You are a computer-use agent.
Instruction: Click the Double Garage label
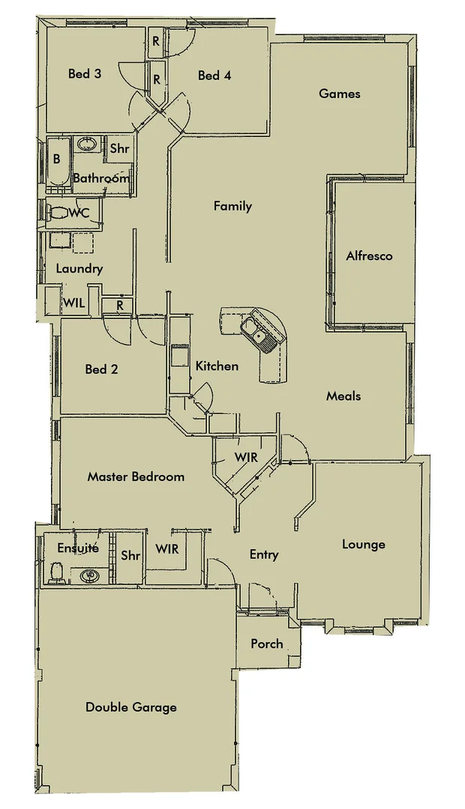click(x=131, y=706)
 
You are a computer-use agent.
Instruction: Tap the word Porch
click(x=267, y=643)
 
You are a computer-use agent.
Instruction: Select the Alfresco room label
click(x=369, y=255)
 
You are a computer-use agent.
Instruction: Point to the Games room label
click(x=340, y=94)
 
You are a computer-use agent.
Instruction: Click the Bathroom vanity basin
click(x=87, y=143)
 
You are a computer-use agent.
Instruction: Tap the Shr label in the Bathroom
click(x=120, y=148)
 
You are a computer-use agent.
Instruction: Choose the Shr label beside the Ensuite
click(x=130, y=555)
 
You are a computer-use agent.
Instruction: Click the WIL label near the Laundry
click(x=73, y=303)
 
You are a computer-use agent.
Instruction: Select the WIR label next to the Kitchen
click(x=245, y=457)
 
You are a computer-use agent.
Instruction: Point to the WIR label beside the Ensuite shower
click(x=166, y=549)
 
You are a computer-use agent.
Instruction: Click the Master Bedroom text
click(x=136, y=476)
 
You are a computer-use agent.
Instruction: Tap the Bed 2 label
click(x=101, y=369)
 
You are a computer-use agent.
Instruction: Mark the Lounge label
click(x=364, y=544)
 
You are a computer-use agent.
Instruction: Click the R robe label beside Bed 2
click(x=119, y=305)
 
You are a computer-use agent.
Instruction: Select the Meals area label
click(x=343, y=396)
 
